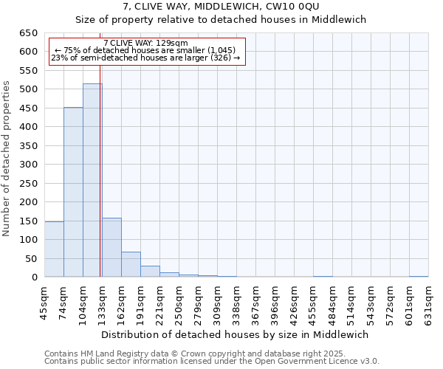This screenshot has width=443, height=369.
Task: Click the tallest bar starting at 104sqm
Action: (x=92, y=180)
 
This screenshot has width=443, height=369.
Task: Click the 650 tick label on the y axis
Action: (x=28, y=33)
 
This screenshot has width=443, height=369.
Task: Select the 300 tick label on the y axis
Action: (x=28, y=165)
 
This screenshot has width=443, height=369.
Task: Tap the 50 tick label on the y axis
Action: (x=31, y=259)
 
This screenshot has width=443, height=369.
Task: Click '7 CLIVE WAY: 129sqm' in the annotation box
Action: (x=145, y=43)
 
